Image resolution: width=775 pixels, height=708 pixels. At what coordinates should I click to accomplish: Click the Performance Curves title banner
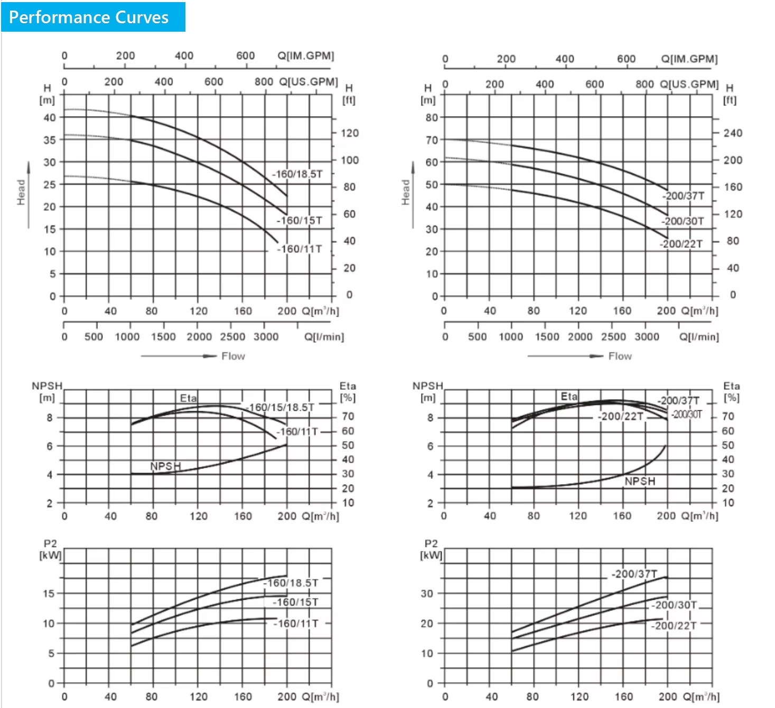click(93, 17)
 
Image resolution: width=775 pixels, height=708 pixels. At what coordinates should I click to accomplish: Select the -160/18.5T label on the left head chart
click(297, 174)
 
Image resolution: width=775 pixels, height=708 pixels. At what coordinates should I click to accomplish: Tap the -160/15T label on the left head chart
click(300, 221)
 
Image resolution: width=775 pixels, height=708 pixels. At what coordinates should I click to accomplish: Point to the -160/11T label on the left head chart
click(300, 249)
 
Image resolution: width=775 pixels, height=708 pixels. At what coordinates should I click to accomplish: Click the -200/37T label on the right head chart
click(684, 196)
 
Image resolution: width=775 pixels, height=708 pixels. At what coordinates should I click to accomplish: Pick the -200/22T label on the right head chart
click(681, 244)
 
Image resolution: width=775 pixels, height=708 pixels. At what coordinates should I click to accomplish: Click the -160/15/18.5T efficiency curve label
click(279, 408)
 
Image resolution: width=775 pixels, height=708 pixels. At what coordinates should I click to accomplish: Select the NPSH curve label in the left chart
click(165, 466)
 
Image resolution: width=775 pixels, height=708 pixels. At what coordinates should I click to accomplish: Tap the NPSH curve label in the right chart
click(640, 482)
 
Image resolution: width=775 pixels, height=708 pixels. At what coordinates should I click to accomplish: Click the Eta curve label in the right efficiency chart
click(569, 397)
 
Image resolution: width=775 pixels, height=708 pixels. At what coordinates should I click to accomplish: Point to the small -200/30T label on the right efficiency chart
click(687, 414)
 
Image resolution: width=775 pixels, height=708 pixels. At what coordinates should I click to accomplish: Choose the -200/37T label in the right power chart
click(634, 574)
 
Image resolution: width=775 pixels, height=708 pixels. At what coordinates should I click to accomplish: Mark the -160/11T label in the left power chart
click(296, 624)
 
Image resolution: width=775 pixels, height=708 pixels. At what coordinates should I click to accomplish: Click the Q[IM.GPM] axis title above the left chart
click(305, 55)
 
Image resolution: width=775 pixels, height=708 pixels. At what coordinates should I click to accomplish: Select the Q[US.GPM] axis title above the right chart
click(689, 84)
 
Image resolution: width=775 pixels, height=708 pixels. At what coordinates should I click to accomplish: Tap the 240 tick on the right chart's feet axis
click(733, 133)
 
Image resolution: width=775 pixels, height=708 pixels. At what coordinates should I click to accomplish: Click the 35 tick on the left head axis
click(50, 140)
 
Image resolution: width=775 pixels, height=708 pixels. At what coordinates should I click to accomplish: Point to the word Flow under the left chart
click(233, 356)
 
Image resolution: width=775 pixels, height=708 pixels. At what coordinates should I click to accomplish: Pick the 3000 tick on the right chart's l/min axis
click(647, 337)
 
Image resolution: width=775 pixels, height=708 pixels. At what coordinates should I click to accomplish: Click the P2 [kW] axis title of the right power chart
click(431, 549)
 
